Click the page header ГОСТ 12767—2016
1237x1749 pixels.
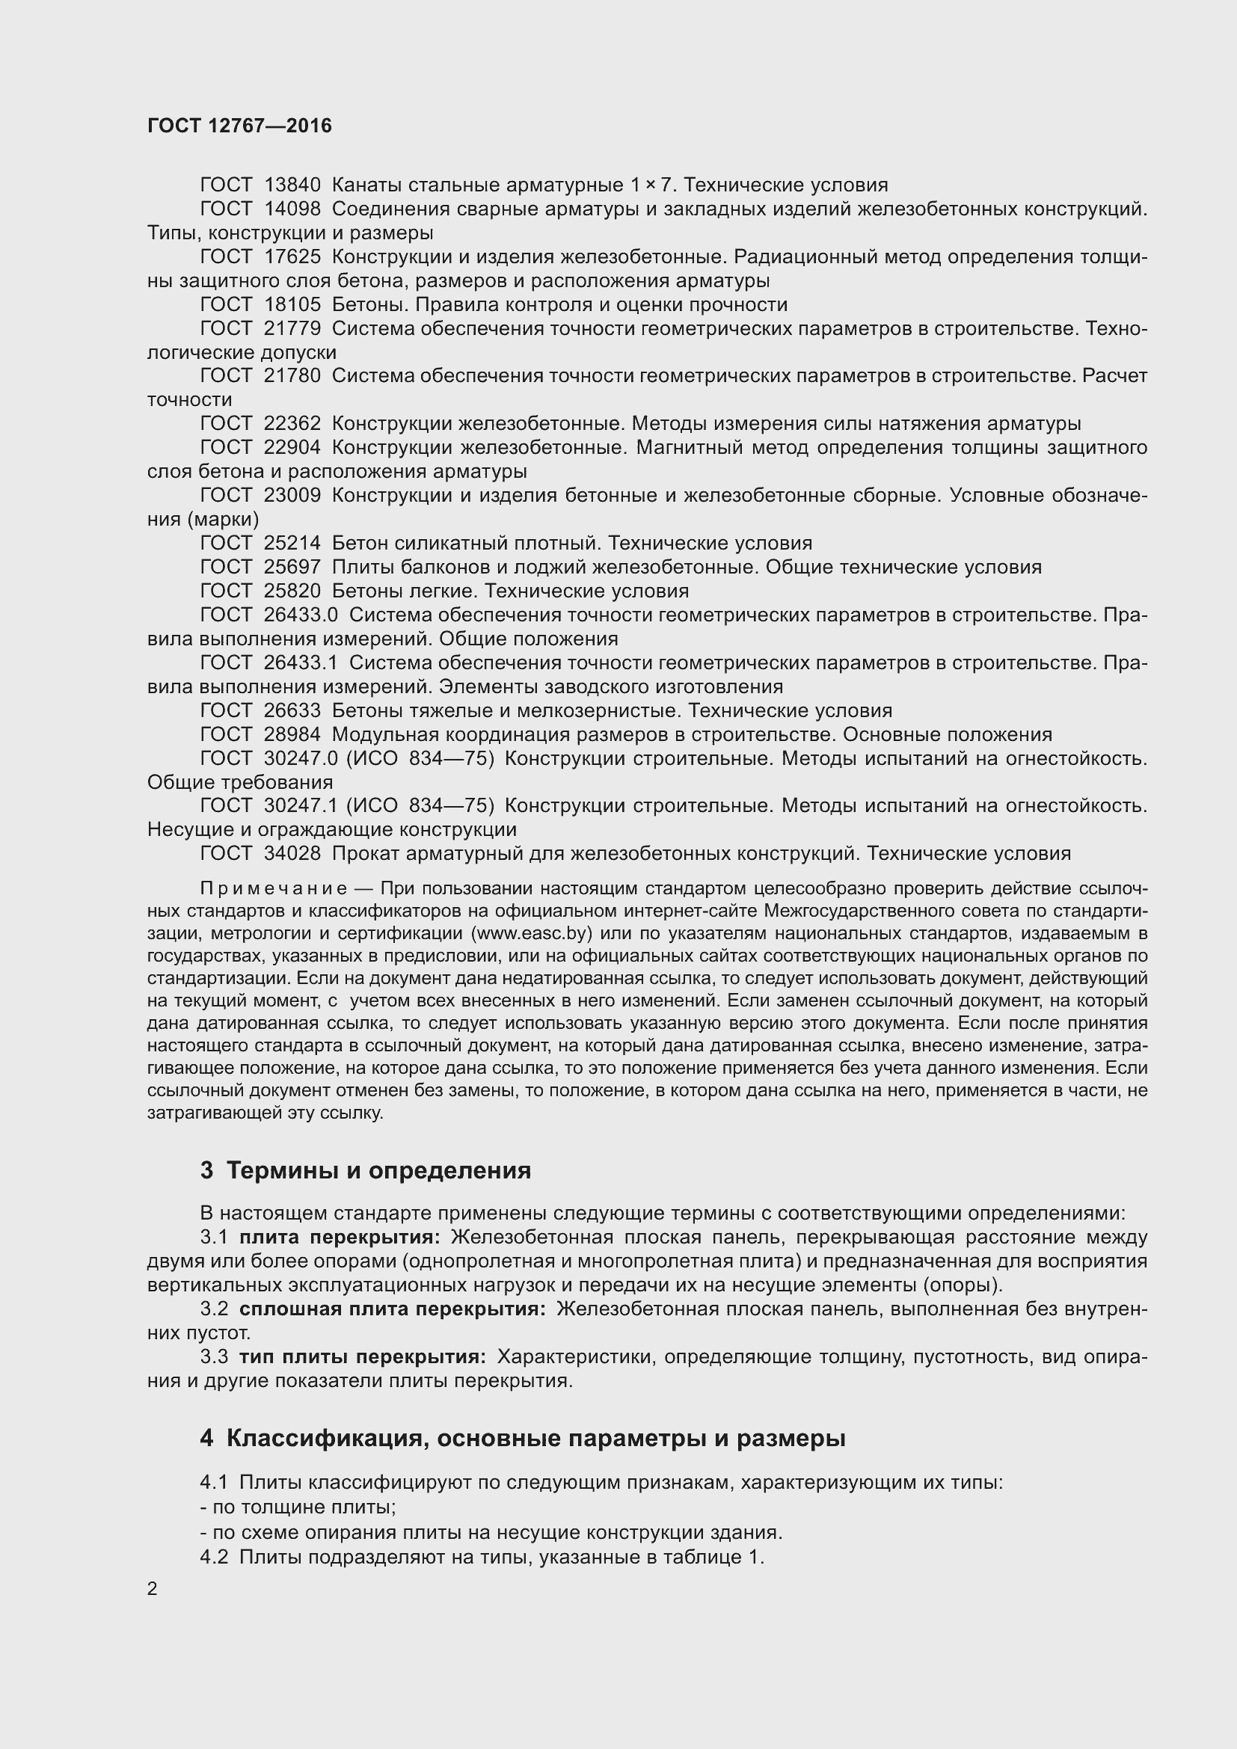(239, 126)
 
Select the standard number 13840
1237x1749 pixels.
(292, 185)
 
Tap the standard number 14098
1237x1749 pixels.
(292, 209)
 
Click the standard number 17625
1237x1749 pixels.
(292, 256)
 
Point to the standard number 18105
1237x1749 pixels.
(292, 304)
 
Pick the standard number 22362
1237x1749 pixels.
(292, 423)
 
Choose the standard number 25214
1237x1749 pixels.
(292, 543)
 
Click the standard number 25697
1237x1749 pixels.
(292, 567)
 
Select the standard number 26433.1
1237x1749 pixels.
(300, 663)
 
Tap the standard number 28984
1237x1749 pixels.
(292, 734)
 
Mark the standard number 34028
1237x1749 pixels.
(292, 853)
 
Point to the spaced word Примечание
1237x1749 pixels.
(274, 888)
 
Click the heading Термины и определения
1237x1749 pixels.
(378, 1170)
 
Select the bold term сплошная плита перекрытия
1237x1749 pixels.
(391, 1309)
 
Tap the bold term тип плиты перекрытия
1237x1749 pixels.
(362, 1356)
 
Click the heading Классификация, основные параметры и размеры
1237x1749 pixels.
(536, 1438)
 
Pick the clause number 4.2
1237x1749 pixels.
(214, 1557)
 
